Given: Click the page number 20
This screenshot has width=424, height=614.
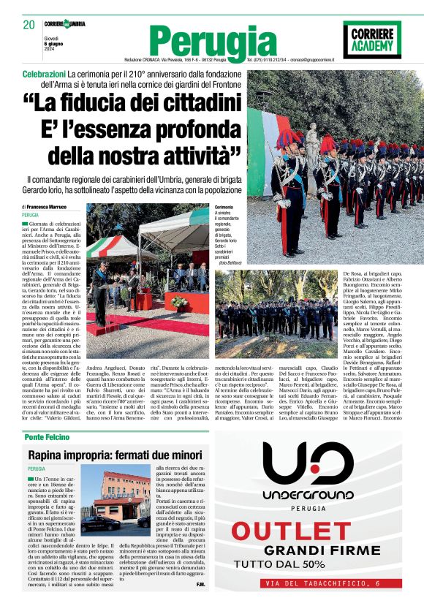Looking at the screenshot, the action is [x=29, y=25].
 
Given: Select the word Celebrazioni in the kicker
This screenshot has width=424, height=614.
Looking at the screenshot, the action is [x=44, y=75].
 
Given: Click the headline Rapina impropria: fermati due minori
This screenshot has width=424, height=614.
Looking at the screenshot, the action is [x=110, y=455].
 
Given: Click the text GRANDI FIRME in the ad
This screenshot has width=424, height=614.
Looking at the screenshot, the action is [x=317, y=550].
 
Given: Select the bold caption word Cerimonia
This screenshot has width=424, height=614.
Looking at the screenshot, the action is [x=224, y=208].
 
